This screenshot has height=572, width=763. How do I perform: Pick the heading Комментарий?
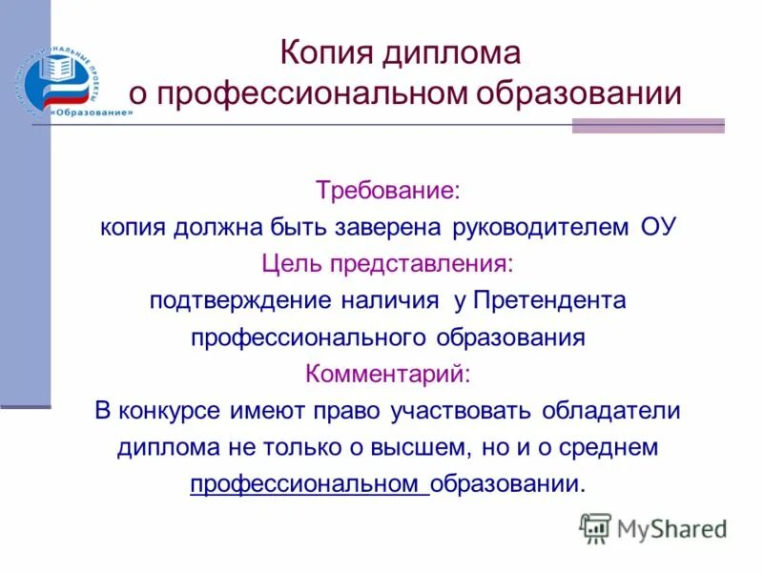click(x=387, y=373)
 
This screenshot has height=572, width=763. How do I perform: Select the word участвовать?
click(x=462, y=410)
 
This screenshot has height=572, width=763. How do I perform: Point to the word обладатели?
click(x=611, y=410)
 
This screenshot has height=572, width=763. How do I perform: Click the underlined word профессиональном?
click(x=307, y=483)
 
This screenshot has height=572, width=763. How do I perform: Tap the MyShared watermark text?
click(x=671, y=529)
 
